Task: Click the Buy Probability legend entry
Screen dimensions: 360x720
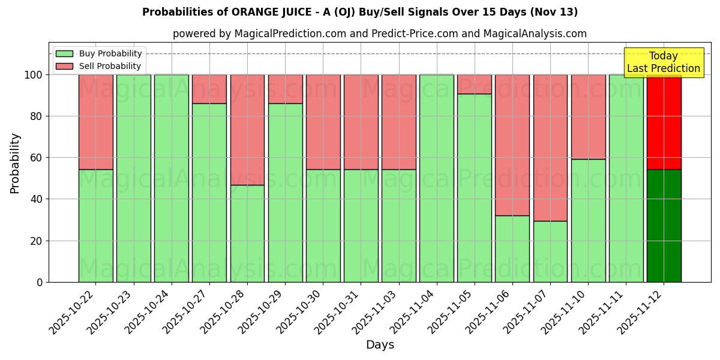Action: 99,53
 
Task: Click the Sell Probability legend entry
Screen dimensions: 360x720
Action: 99,66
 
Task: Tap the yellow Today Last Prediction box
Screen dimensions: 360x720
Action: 663,62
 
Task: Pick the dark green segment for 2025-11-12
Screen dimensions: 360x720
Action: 664,226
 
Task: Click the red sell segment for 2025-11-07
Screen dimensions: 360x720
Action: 550,148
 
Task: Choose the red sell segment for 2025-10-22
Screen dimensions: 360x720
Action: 95,122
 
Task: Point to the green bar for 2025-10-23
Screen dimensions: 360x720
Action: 133,178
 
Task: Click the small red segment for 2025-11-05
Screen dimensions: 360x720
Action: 474,84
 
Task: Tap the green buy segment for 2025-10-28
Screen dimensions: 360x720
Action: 247,233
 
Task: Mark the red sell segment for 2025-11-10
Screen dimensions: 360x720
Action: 588,116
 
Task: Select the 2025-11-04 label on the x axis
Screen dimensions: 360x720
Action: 414,312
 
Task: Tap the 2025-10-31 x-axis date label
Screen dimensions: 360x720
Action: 338,312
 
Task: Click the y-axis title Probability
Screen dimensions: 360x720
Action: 15,163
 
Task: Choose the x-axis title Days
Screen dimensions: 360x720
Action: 380,345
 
